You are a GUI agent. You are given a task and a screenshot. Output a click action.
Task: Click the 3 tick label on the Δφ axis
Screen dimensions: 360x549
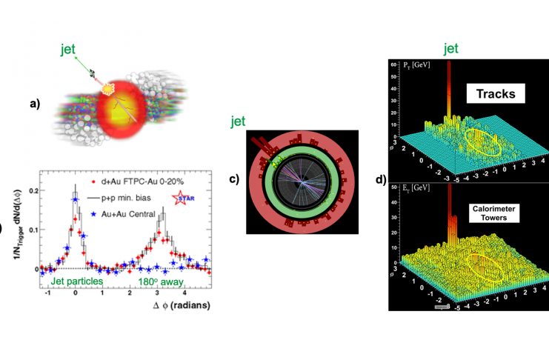160,293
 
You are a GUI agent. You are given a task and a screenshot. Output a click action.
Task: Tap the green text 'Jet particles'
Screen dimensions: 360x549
73,281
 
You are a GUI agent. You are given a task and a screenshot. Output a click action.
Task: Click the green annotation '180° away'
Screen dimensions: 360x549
160,281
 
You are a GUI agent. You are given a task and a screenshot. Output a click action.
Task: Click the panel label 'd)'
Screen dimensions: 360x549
381,179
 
